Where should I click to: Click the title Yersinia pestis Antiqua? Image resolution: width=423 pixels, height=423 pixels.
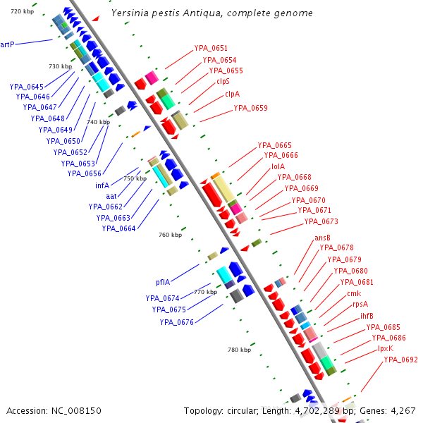tap(212, 13)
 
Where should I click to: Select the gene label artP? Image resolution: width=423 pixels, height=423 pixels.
tap(7, 44)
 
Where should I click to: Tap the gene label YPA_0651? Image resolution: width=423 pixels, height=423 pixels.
tap(211, 48)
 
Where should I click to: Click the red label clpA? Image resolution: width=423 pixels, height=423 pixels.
tap(232, 93)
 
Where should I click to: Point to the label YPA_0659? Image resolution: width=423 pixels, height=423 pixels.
tap(250, 108)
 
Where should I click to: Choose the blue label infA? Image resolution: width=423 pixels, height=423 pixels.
tap(102, 185)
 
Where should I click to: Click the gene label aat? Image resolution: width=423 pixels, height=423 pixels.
tap(111, 196)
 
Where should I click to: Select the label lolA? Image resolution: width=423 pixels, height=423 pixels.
tap(278, 166)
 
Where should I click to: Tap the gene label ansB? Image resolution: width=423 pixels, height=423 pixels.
tap(322, 238)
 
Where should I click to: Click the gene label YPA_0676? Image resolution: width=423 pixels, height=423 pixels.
tap(176, 322)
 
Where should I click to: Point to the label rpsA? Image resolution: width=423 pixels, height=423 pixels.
tap(360, 304)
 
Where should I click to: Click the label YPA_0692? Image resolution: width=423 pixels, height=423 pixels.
tap(400, 360)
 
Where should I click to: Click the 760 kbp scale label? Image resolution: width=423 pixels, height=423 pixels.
tap(170, 235)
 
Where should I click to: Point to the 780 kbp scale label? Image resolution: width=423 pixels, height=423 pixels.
tap(239, 350)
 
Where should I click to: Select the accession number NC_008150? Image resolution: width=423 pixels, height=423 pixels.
tap(54, 410)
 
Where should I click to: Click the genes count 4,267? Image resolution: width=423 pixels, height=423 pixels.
tap(402, 410)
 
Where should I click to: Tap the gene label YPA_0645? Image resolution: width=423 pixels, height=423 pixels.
tap(27, 87)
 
